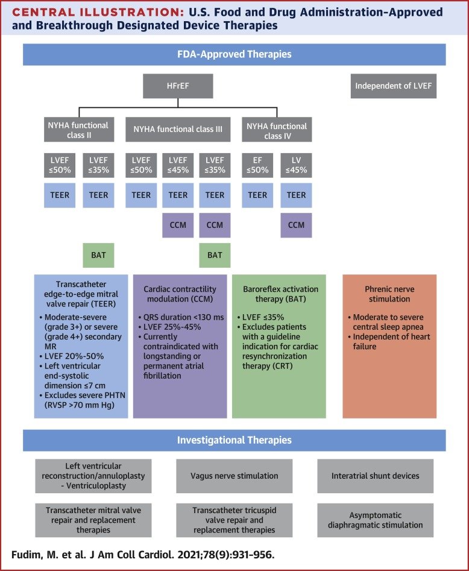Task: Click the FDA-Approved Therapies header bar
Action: [x=234, y=54]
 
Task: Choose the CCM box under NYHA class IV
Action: [x=296, y=225]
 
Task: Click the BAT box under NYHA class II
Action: [x=98, y=255]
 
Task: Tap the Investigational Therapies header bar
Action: [x=234, y=440]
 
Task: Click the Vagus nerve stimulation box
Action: [x=234, y=476]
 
